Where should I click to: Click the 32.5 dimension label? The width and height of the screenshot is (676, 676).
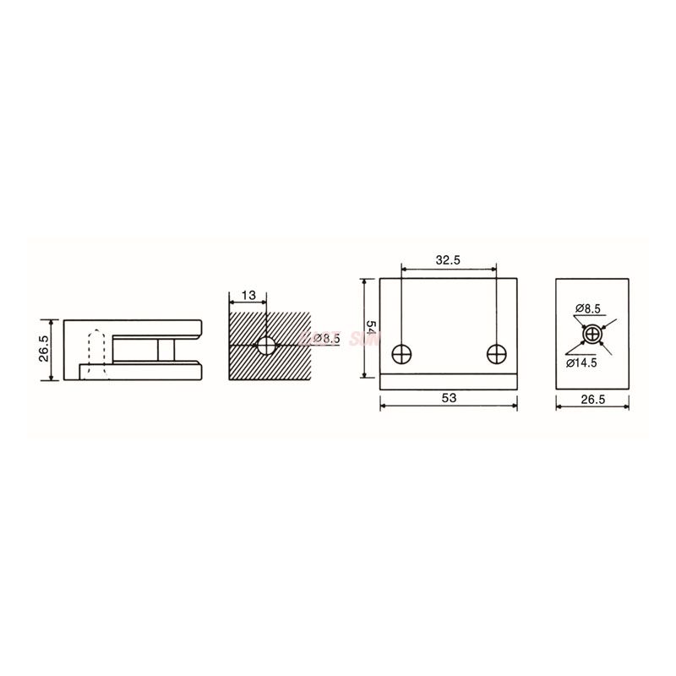[x=447, y=261]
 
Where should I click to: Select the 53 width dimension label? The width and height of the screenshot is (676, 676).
[x=447, y=397]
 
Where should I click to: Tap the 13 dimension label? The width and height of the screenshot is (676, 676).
[x=248, y=295]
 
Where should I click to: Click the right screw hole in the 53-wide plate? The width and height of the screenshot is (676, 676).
[x=496, y=353]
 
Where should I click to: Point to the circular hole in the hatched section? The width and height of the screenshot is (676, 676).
[x=266, y=345]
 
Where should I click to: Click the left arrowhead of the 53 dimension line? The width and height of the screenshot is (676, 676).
[x=383, y=406]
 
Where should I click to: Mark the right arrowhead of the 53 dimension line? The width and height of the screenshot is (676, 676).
[x=513, y=406]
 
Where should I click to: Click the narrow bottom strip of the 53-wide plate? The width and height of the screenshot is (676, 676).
[x=448, y=383]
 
